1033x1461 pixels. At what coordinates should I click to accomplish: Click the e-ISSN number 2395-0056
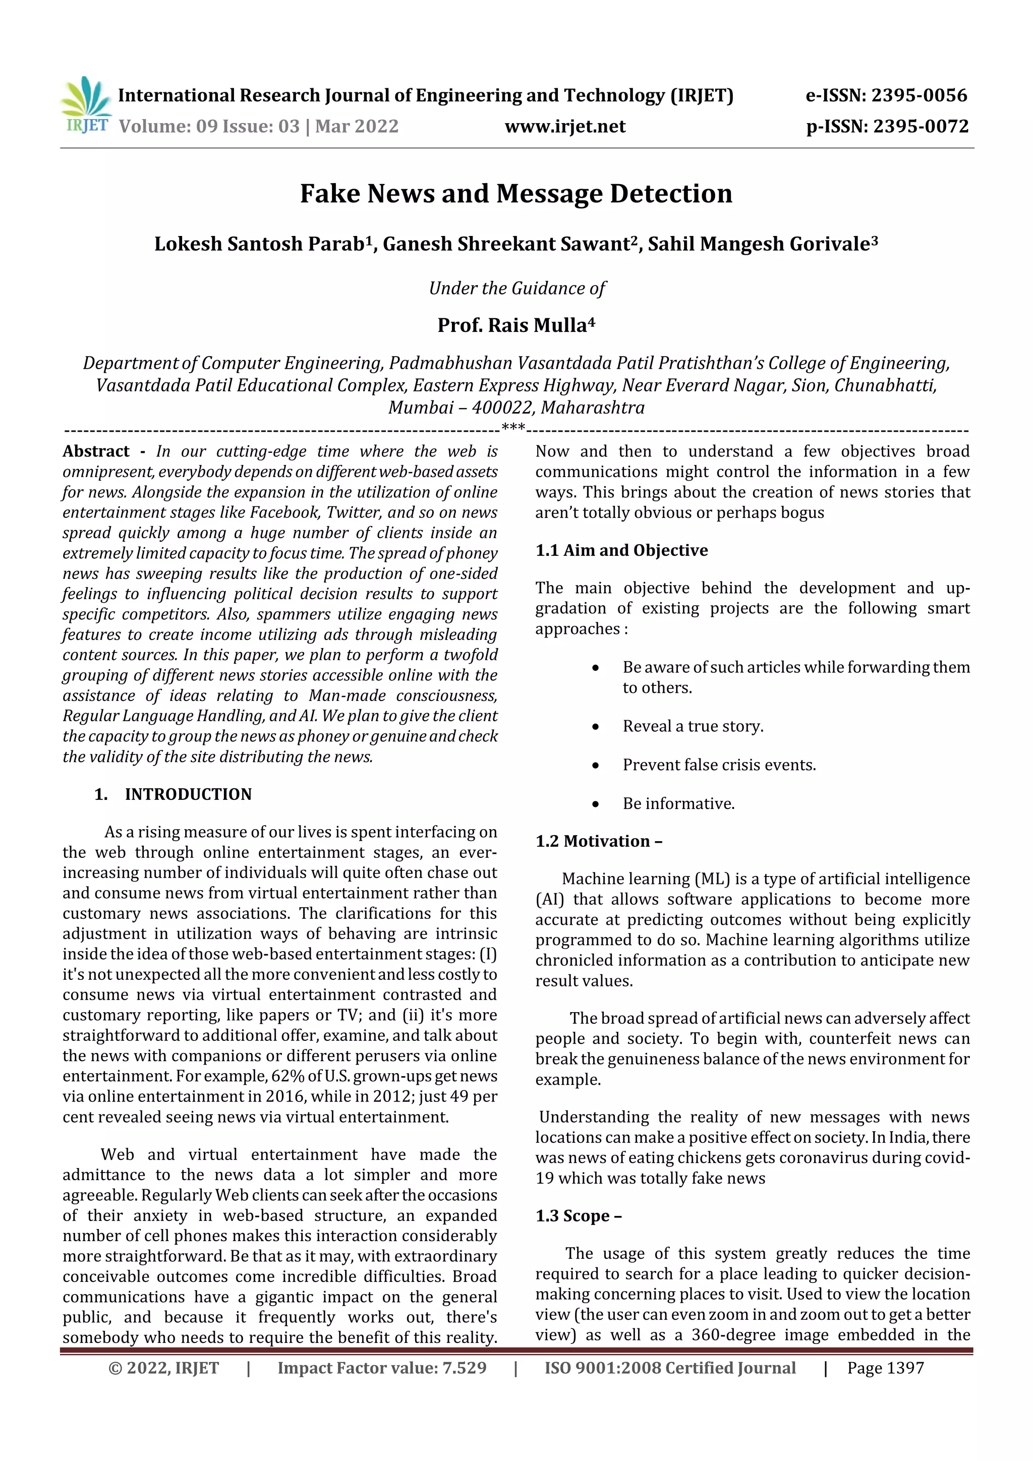point(919,95)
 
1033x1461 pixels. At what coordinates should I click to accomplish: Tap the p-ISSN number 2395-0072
point(921,126)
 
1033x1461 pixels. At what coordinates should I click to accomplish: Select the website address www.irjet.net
point(565,126)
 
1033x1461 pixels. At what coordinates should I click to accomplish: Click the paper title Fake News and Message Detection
point(516,194)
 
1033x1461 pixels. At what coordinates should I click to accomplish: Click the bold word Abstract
point(96,451)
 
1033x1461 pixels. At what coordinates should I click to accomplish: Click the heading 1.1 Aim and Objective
point(621,550)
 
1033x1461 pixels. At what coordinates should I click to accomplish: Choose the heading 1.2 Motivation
point(598,841)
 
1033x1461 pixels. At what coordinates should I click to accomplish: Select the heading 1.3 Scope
point(578,1215)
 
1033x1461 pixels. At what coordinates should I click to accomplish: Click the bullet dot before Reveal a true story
point(595,727)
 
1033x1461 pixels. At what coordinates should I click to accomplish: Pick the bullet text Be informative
point(678,804)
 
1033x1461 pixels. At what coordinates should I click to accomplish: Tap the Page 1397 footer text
point(885,1368)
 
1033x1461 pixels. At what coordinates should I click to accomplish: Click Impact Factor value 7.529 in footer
point(382,1368)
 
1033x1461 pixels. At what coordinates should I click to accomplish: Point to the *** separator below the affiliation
point(513,428)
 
